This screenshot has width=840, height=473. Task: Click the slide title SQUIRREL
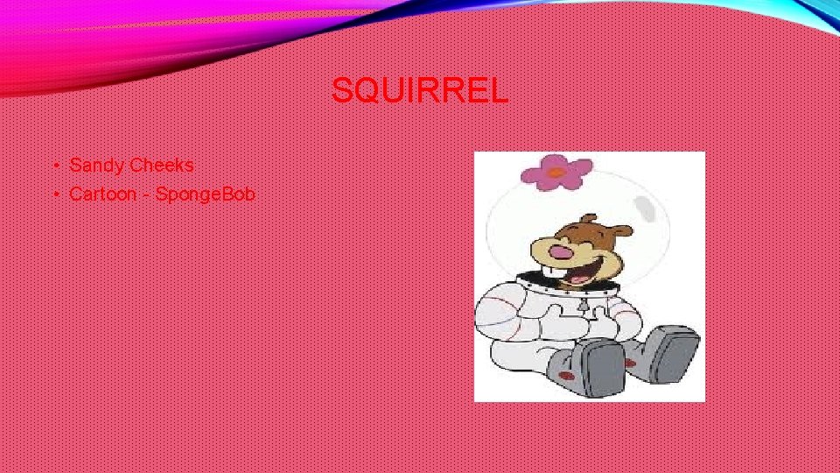(x=419, y=90)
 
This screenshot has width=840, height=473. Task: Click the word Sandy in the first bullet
(x=98, y=165)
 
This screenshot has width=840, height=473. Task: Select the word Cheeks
(x=162, y=165)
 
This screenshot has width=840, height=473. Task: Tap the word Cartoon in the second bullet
(x=103, y=194)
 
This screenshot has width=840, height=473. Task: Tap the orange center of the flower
(x=553, y=173)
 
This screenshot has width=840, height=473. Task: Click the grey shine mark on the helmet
(x=647, y=207)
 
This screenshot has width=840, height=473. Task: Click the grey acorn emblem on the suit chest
(x=582, y=306)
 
